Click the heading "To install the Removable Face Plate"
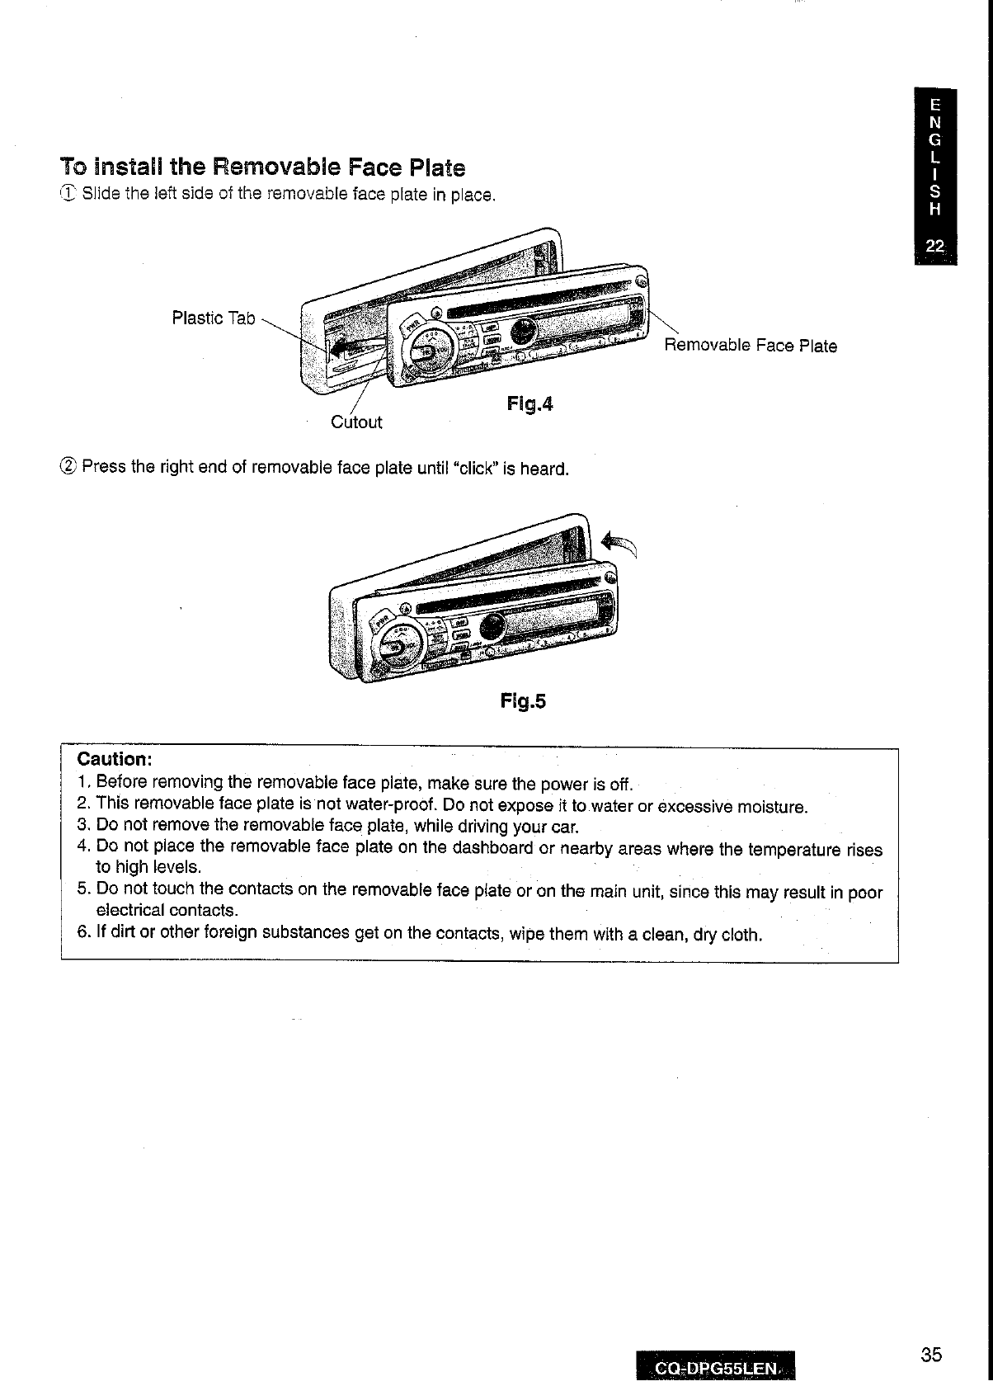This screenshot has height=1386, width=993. (x=262, y=168)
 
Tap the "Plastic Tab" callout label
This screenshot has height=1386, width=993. (x=214, y=318)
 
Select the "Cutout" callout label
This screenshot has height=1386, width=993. (x=356, y=422)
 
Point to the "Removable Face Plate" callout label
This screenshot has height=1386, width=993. (x=751, y=346)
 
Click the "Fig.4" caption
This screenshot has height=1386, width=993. (x=529, y=404)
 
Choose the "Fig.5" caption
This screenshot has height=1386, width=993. (x=523, y=701)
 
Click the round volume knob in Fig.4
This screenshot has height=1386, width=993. (x=429, y=351)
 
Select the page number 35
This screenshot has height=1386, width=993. (x=931, y=1355)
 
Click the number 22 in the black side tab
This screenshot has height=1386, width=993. (x=934, y=245)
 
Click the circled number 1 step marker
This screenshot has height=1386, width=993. (x=68, y=195)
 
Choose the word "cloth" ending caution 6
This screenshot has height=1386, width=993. (x=739, y=935)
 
